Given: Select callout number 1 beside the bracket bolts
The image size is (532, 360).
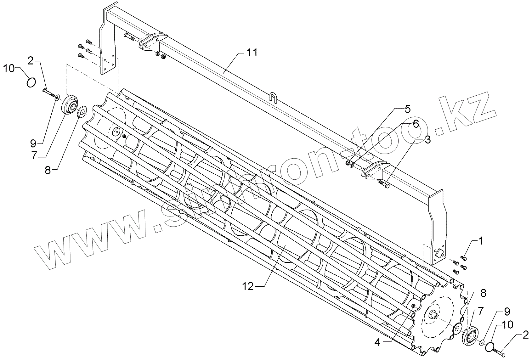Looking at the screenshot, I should coord(480,241).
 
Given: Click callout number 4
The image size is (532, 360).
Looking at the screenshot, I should coord(407,109).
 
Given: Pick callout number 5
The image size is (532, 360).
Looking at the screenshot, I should coord(416,124).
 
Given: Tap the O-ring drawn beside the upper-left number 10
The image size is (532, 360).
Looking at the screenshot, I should coord(31,82).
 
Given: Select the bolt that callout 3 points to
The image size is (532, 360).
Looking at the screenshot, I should coord(384,184).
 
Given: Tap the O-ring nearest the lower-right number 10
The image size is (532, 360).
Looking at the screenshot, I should coord(489,347).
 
